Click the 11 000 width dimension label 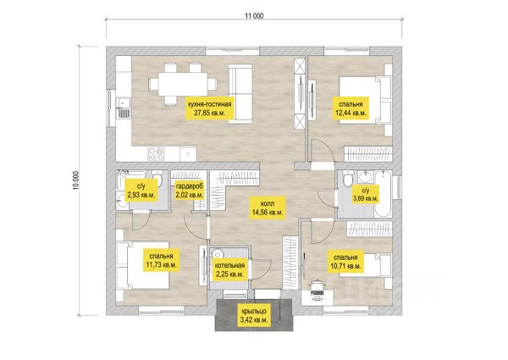coord(254,16)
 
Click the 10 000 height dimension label coord(76,180)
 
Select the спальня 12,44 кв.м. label coord(351,108)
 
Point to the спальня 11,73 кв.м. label coord(161,260)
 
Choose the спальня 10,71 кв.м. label coord(345,262)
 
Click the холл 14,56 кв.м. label coord(268,208)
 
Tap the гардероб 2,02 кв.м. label coord(190,191)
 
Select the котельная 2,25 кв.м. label coord(229,269)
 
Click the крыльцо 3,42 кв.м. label coord(254,315)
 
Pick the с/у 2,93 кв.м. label coord(141,191)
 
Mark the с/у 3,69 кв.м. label coord(365,194)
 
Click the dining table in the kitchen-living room coord(183,84)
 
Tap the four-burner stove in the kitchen coord(156,154)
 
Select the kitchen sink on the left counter coord(123,108)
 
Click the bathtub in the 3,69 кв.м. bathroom coord(383,194)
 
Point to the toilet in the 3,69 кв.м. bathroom coord(348,180)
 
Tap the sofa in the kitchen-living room coord(240,94)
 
